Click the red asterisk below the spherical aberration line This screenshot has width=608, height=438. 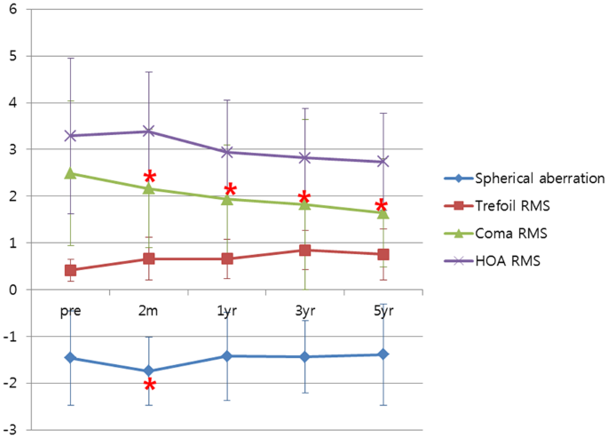[150, 385]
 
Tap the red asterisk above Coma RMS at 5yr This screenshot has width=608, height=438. [381, 206]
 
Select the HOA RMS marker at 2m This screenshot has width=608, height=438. [149, 131]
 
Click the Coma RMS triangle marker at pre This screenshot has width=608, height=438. [71, 173]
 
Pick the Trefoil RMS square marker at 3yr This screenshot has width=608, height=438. [305, 251]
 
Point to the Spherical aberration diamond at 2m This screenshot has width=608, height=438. [149, 370]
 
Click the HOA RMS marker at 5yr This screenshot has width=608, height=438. [383, 162]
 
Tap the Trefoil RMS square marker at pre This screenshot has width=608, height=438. [71, 270]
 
